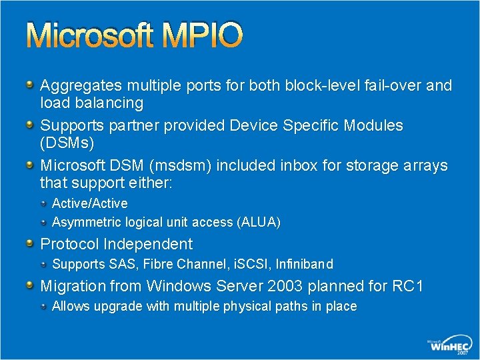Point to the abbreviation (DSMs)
(67, 143)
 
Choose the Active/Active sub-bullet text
(90, 203)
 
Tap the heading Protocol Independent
(117, 244)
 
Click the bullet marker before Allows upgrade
(44, 307)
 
